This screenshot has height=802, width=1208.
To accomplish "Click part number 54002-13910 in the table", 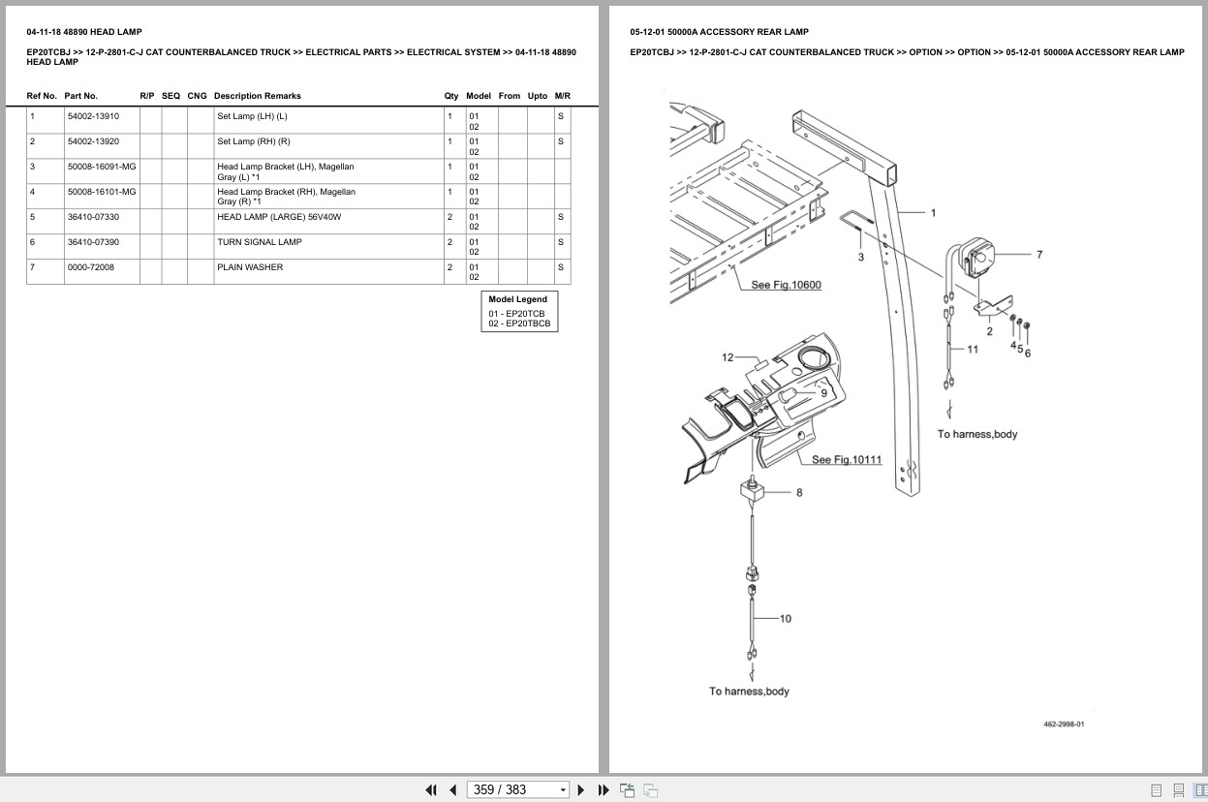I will coord(93,116).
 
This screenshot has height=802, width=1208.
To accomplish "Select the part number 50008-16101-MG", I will coord(102,192).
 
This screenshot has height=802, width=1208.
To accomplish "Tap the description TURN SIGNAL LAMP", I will coord(259,242).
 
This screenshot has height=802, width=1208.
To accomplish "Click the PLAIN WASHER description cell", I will coord(250,267).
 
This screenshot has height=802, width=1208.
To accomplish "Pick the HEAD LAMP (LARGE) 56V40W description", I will coord(279,217).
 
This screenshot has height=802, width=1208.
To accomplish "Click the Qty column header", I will coord(451,96).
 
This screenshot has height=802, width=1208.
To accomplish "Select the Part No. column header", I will coord(81,96).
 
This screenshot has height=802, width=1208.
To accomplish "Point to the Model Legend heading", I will coord(517,299).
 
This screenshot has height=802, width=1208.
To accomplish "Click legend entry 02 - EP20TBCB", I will coord(519,324).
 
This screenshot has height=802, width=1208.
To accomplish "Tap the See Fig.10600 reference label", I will coord(786,285).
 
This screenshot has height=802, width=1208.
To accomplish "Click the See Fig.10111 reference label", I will coord(846,459).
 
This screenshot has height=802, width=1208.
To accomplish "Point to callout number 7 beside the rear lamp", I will coord(1039,255).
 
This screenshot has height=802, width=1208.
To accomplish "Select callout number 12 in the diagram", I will coord(728,357).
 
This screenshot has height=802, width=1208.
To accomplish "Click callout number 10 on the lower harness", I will coord(785,618).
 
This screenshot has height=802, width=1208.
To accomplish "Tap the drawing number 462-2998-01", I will coord(1064,725).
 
